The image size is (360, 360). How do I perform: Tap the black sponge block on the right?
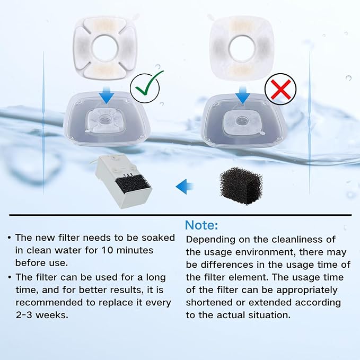[x=241, y=186]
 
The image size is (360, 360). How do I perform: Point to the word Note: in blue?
[x=201, y=225]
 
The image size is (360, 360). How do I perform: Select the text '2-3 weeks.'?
[x=42, y=314]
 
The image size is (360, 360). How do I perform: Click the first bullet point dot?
[x=10, y=238]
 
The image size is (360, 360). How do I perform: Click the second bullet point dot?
[x=10, y=277]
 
